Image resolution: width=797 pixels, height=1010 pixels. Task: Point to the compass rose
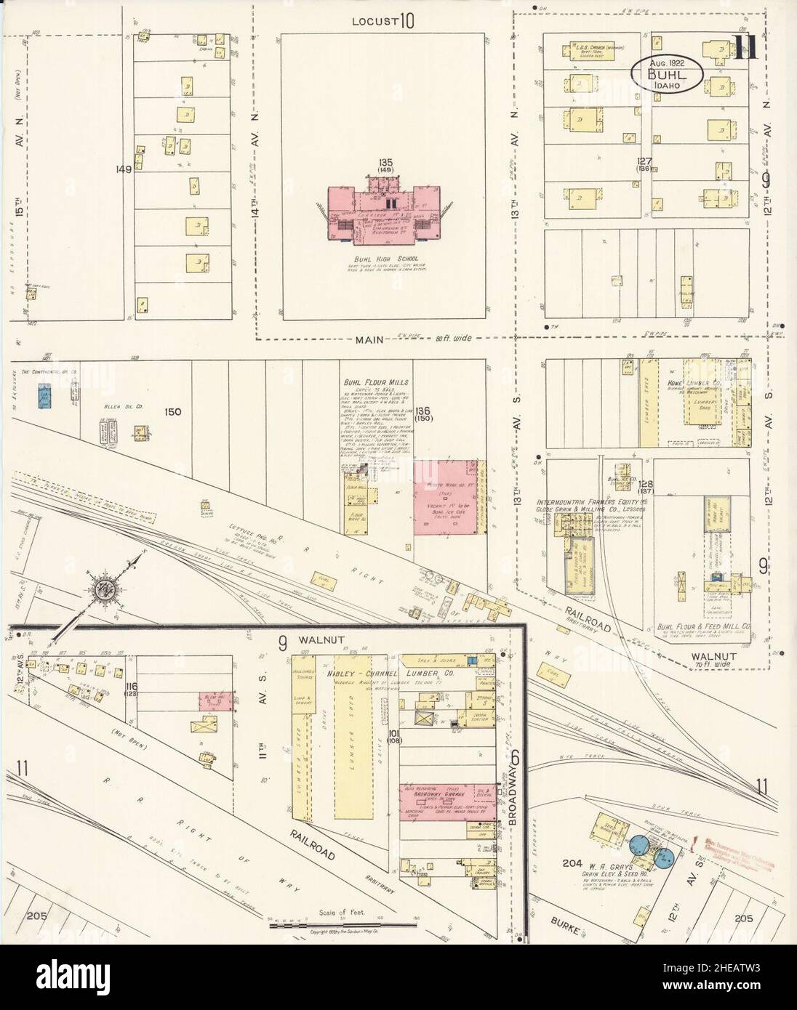[104, 591]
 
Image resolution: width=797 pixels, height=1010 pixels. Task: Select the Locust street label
[373, 21]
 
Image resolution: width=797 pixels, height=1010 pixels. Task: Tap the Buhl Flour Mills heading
[377, 381]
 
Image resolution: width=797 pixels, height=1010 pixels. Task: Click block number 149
[123, 170]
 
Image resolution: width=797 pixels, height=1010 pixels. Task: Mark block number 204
[572, 864]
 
